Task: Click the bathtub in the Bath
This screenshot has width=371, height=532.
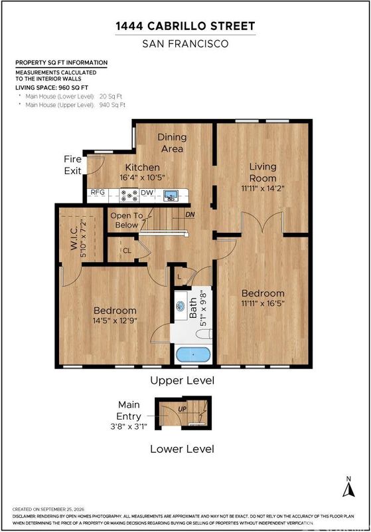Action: [193, 354]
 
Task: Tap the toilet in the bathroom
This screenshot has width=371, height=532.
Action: [204, 334]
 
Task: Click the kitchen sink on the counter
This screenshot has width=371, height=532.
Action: [171, 196]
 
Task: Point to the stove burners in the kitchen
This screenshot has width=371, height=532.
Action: [129, 195]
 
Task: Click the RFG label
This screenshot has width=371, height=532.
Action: [98, 192]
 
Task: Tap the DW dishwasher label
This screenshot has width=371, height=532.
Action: [147, 192]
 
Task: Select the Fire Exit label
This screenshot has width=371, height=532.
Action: [73, 165]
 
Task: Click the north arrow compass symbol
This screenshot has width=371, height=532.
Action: [348, 487]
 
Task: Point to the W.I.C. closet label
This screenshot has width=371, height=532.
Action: [74, 239]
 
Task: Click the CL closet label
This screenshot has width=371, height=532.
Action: [127, 251]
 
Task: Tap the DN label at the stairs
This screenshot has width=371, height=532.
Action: [190, 215]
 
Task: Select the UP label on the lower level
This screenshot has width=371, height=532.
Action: [182, 409]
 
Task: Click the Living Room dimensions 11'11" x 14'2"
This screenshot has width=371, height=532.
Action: [263, 188]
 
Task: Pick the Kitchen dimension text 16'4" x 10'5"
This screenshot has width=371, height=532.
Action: [142, 178]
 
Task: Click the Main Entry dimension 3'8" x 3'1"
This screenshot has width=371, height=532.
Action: [129, 426]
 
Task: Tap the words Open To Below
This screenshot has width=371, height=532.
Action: [127, 220]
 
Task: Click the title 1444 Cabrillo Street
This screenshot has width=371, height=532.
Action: [186, 26]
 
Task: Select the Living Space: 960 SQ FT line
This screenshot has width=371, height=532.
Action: [52, 88]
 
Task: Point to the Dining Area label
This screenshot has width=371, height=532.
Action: [173, 143]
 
